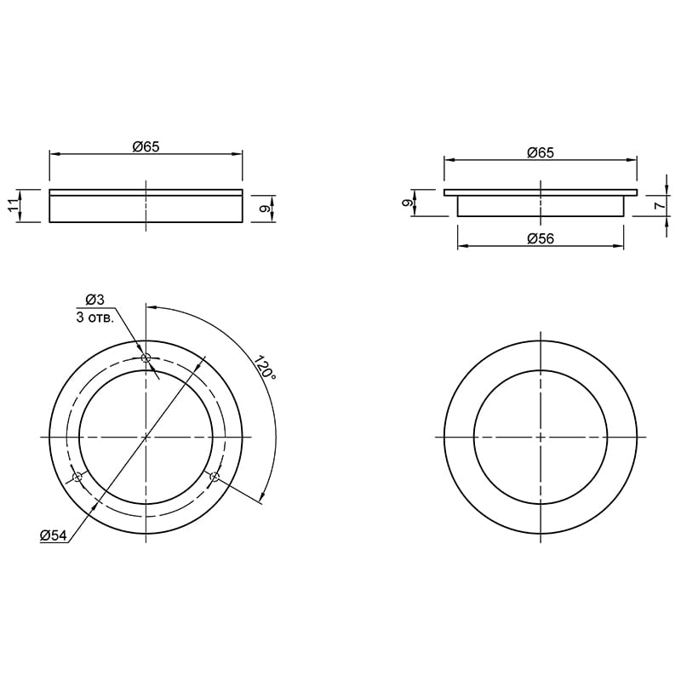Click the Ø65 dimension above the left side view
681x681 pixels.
coord(146,146)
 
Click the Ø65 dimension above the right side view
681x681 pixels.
coord(541,153)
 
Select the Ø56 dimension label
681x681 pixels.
coord(541,239)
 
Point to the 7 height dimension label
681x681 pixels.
coord(659,206)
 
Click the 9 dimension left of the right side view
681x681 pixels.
coord(406,203)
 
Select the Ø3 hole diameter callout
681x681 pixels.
coord(94,300)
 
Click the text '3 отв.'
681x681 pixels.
coord(95,318)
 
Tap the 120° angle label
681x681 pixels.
coord(265,368)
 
